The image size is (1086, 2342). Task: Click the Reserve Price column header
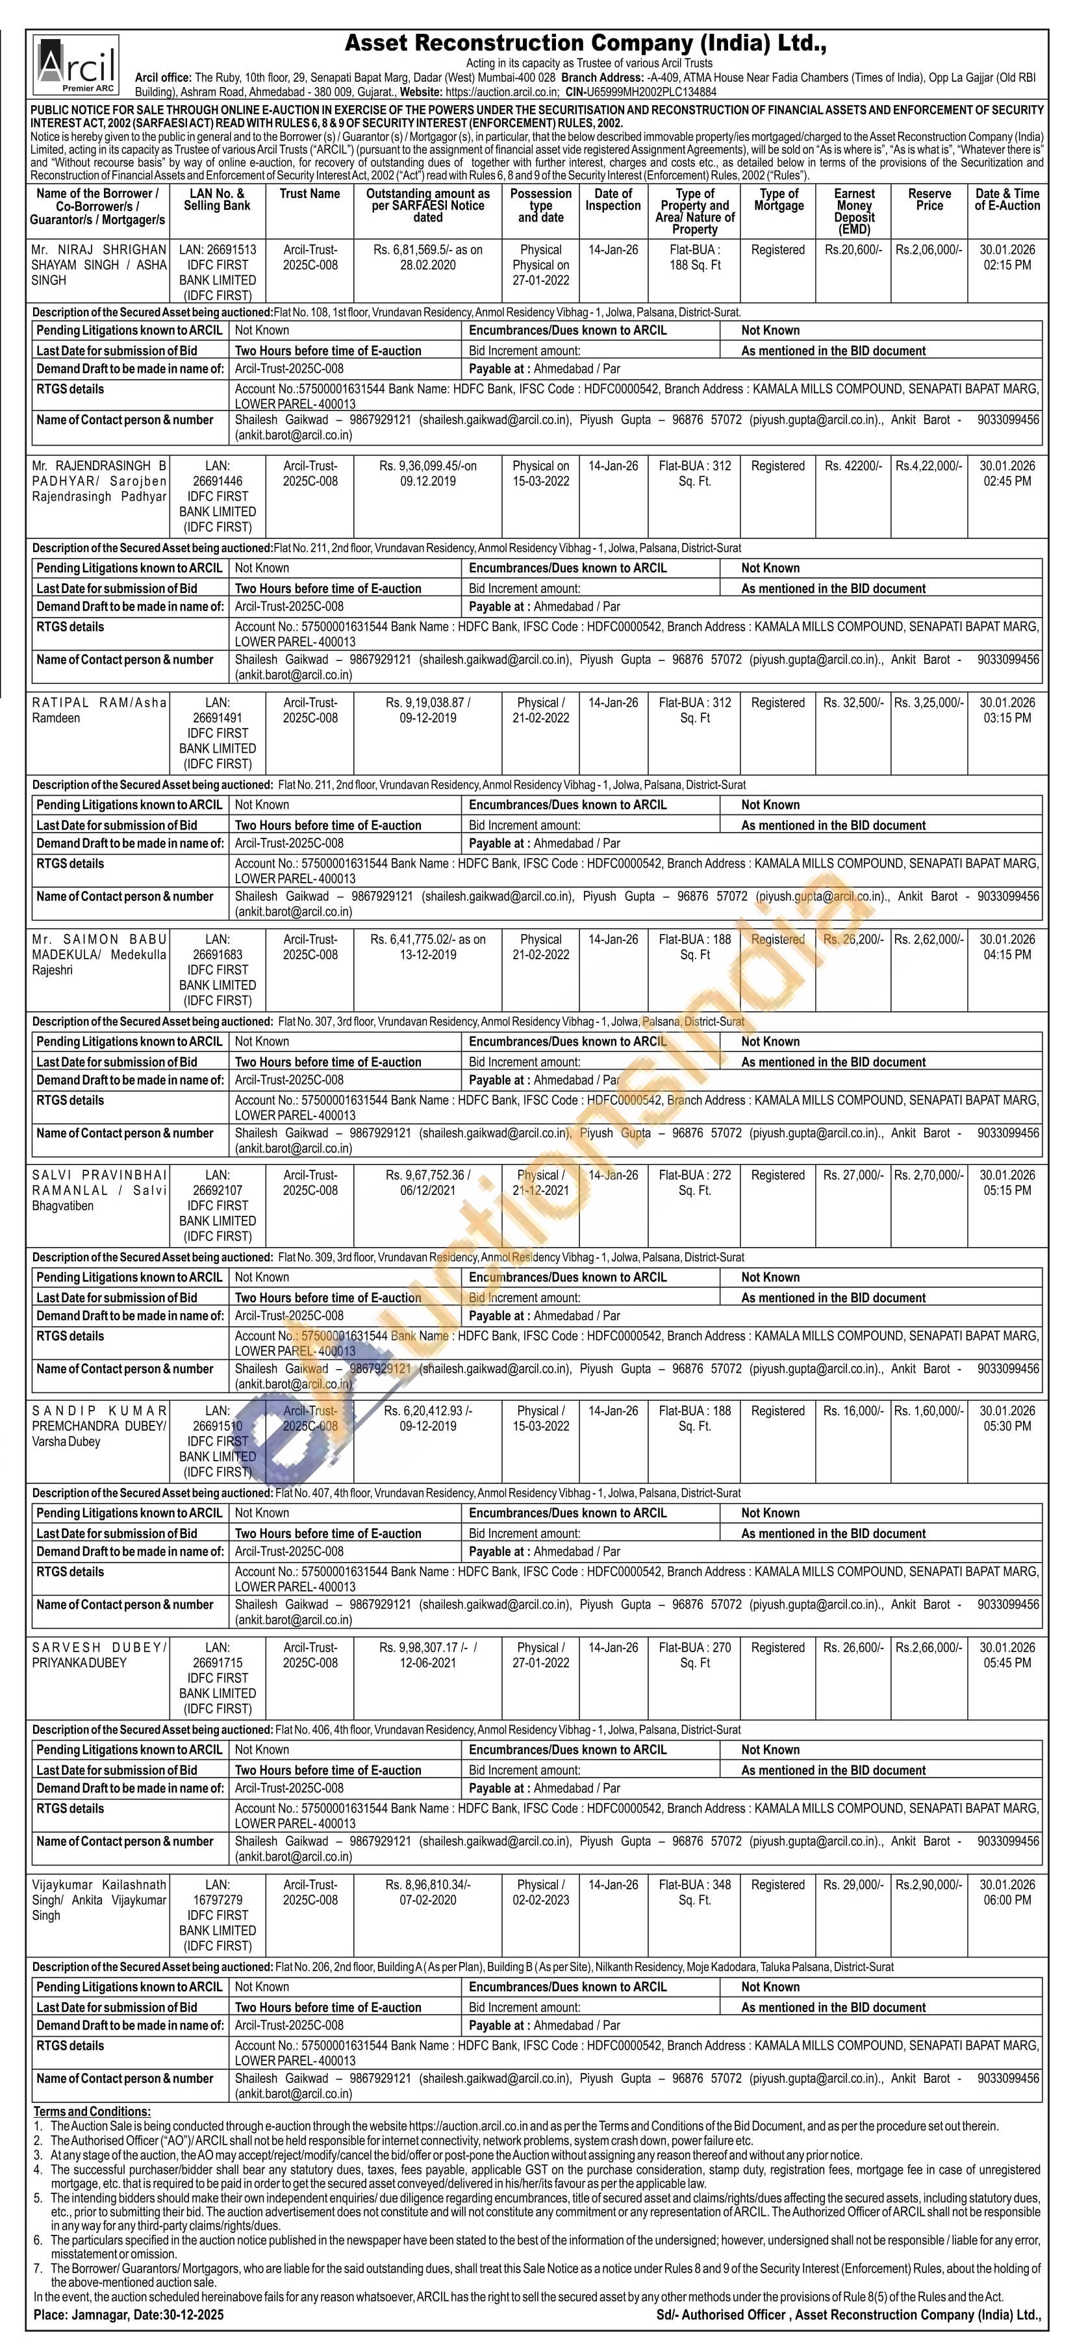click(929, 200)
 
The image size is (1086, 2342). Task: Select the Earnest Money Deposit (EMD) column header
click(854, 211)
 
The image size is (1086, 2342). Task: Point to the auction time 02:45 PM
click(1007, 482)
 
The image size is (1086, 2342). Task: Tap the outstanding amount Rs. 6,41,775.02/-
click(427, 940)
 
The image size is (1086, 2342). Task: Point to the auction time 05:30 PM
click(1007, 1426)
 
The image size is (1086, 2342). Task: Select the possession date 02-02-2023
click(540, 1900)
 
